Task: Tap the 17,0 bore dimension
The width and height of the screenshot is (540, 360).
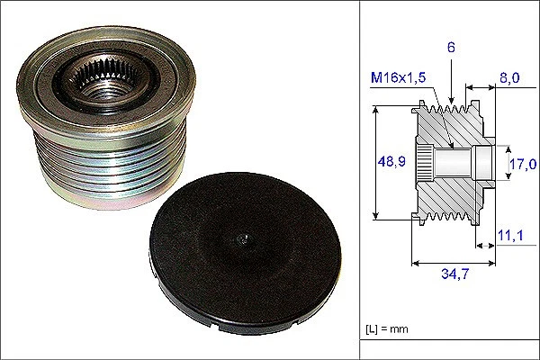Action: point(524,164)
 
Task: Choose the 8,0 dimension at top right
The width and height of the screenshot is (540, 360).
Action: point(508,79)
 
